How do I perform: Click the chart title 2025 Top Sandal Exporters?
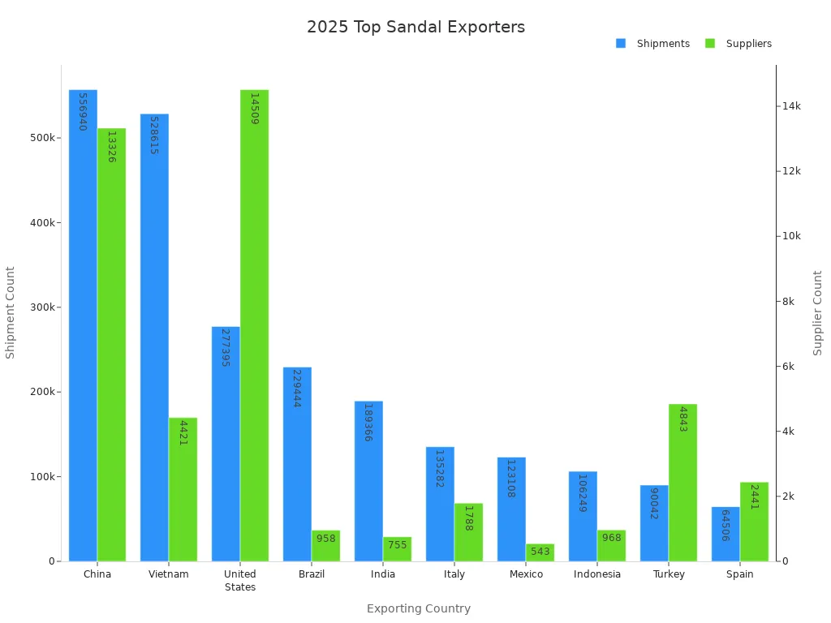[415, 27]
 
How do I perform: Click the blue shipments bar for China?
[83, 324]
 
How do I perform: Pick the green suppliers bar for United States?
[254, 324]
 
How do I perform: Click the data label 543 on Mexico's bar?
[540, 552]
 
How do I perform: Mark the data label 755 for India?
[397, 545]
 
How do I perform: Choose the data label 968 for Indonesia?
[611, 538]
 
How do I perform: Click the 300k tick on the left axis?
[43, 307]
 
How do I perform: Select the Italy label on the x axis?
[454, 574]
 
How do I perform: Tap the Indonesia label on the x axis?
[597, 574]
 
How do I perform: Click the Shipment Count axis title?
[11, 312]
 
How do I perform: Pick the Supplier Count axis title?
[818, 312]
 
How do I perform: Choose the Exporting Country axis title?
[419, 608]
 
